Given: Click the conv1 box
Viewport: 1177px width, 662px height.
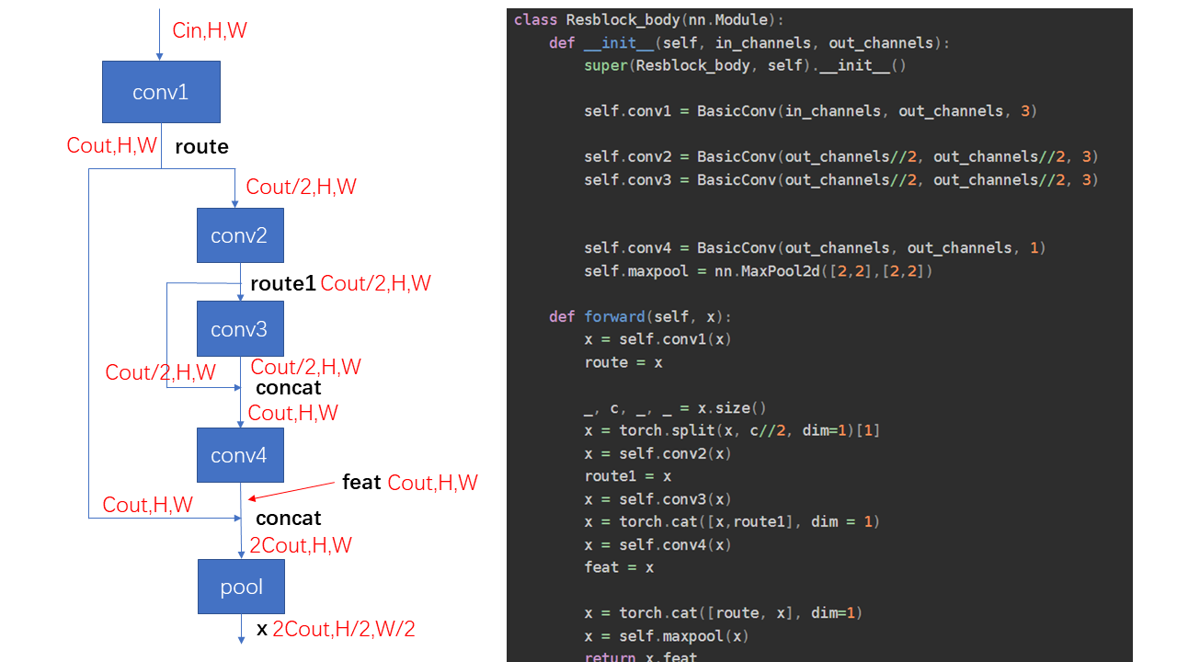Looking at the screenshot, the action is point(161,92).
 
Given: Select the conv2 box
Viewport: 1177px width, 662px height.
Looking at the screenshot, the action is point(239,235).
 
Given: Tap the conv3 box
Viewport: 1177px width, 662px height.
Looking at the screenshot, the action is point(239,329).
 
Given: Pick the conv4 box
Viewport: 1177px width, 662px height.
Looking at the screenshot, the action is point(239,455).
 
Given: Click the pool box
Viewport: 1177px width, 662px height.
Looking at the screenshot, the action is point(241,587).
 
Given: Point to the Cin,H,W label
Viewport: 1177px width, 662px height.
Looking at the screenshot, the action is point(210,30).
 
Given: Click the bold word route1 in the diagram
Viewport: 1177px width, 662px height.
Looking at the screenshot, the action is point(283,284).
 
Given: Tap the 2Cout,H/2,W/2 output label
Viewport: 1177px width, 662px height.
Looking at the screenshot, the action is point(344,630).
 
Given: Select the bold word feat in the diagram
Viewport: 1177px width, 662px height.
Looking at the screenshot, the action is point(361,483).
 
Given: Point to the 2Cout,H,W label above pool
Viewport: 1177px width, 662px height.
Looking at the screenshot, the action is point(301,545).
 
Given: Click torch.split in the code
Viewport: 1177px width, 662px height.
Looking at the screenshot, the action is point(654,430).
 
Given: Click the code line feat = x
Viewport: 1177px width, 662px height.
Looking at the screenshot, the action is point(619,567).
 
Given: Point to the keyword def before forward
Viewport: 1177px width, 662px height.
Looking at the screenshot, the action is point(562,316).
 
